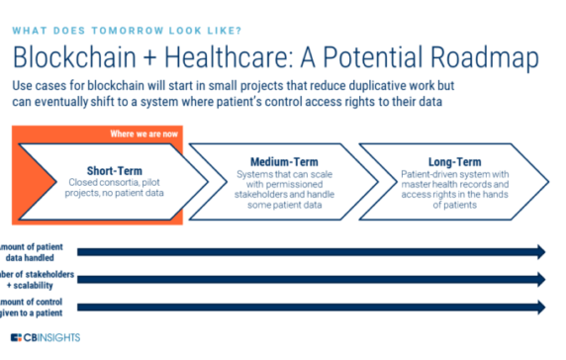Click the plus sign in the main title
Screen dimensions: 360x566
(x=145, y=54)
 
